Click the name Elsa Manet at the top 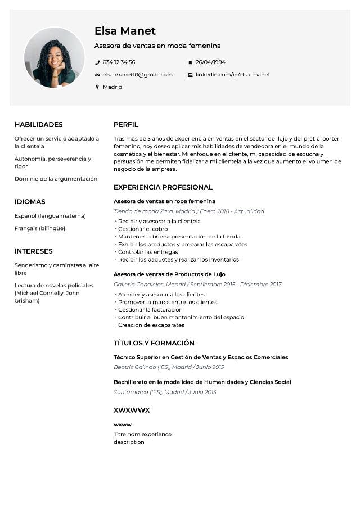[125, 31]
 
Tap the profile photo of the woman [54, 57]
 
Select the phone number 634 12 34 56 [119, 62]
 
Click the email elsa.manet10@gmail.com [137, 75]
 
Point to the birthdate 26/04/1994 [210, 62]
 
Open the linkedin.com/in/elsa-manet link [233, 75]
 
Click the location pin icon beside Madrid [97, 87]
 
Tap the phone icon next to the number [97, 62]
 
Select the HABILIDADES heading [38, 125]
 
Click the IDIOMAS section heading [30, 202]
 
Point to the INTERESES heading [33, 251]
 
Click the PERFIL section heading [125, 125]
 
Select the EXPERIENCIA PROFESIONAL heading [163, 187]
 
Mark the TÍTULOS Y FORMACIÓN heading [154, 343]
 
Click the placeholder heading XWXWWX [132, 411]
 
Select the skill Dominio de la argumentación [56, 179]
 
